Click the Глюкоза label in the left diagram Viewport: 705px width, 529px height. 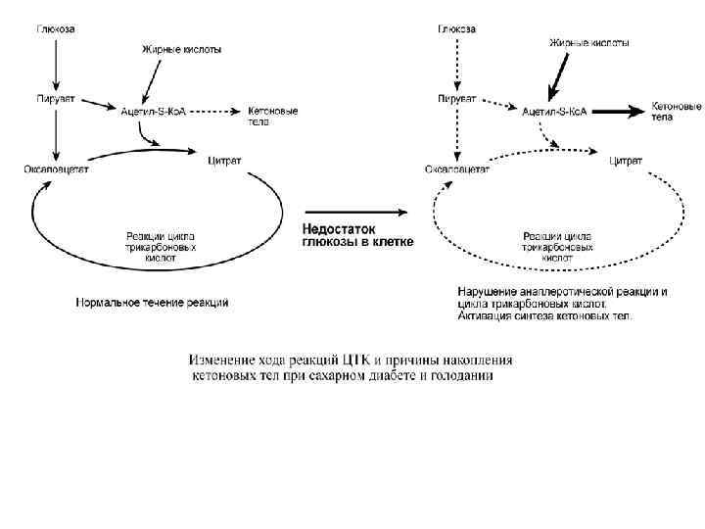coord(56,28)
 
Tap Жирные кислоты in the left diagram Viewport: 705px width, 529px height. coord(182,46)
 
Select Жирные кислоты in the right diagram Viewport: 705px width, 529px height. coord(588,43)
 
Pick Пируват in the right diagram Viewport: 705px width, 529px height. coord(456,99)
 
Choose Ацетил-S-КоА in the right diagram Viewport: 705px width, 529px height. coord(554,112)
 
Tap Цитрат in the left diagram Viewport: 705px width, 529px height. coord(224,158)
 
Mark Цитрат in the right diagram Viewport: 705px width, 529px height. coord(626,159)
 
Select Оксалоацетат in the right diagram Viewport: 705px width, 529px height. coord(456,168)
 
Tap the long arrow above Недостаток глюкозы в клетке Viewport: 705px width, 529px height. coord(354,211)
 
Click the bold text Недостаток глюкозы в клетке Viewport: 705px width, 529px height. coord(356,235)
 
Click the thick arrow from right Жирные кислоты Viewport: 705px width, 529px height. coord(559,73)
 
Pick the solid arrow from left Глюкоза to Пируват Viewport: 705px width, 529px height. coord(56,64)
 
